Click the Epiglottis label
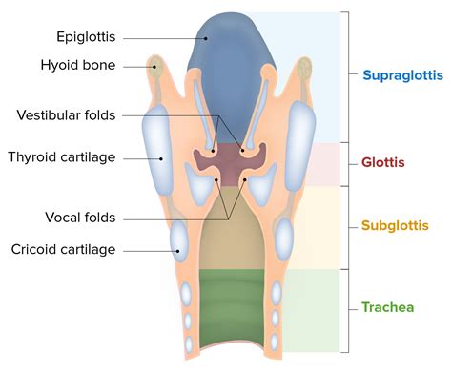87,38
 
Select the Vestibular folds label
66,115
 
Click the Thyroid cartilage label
62,156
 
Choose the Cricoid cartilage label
63,250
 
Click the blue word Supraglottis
399,74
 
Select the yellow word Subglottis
393,226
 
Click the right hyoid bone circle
303,68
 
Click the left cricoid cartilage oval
179,240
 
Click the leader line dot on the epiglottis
204,38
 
